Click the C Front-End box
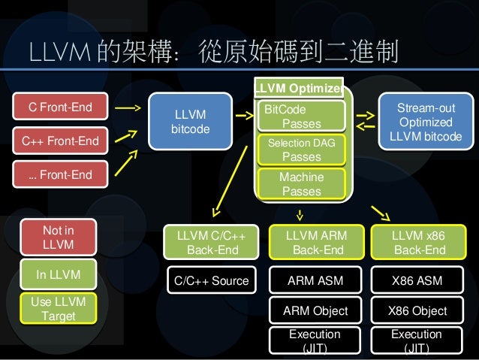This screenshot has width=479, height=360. coord(61,107)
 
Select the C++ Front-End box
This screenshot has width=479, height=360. coord(61,141)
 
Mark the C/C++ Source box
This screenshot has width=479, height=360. coord(210,281)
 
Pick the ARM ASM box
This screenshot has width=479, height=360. coord(316,281)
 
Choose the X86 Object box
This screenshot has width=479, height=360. coord(418,310)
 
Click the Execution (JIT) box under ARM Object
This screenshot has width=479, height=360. coord(316,340)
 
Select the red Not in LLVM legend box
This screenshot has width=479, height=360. coord(59,237)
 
